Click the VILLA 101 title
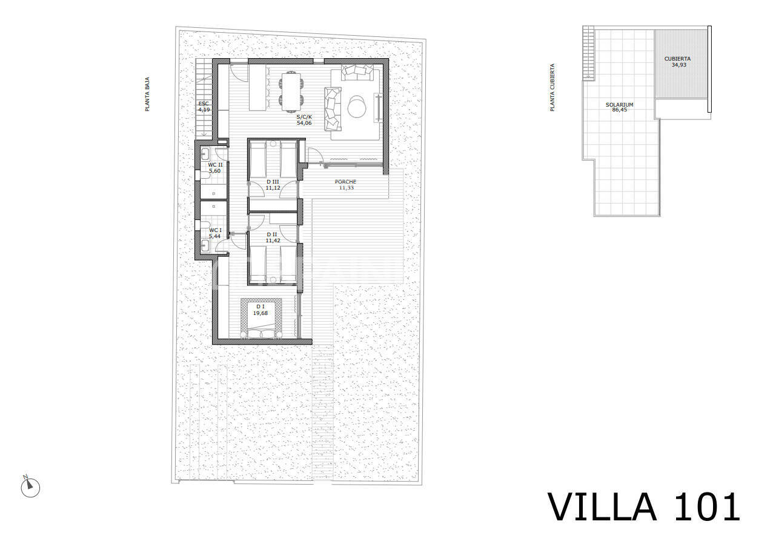pos(644,507)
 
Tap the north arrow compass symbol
pos(30,486)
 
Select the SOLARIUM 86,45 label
pos(620,107)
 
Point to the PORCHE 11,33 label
pos(345,185)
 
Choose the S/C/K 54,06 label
pos(304,120)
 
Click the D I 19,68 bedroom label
pos(260,310)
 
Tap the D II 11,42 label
pos(273,237)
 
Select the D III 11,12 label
pos(273,185)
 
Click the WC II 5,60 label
pos(215,168)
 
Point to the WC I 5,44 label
pos(215,233)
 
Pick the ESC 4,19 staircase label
pos(204,107)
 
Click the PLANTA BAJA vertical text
pos(147,94)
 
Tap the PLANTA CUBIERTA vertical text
pos(552,87)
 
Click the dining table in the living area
pos(291,91)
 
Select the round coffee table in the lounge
pos(356,106)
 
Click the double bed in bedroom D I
pos(261,317)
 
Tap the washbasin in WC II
pos(205,153)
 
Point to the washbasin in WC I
pos(205,245)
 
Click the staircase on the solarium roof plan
pos(589,53)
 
